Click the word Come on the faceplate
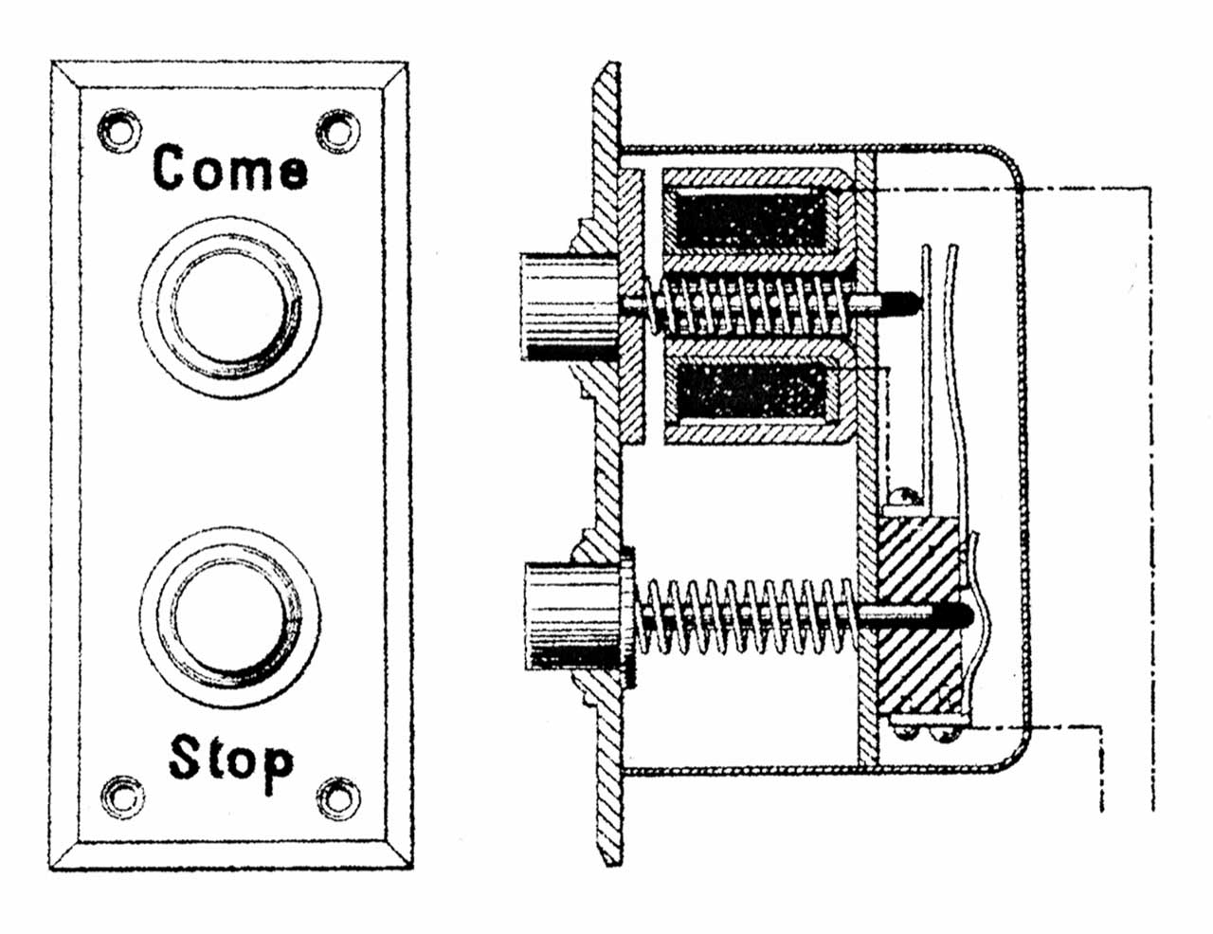tap(230, 167)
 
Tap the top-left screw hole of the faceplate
tap(118, 131)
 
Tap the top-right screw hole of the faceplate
tap(337, 131)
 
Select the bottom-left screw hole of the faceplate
tap(122, 797)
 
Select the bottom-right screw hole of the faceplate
tap(337, 797)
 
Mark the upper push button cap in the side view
tap(570, 307)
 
